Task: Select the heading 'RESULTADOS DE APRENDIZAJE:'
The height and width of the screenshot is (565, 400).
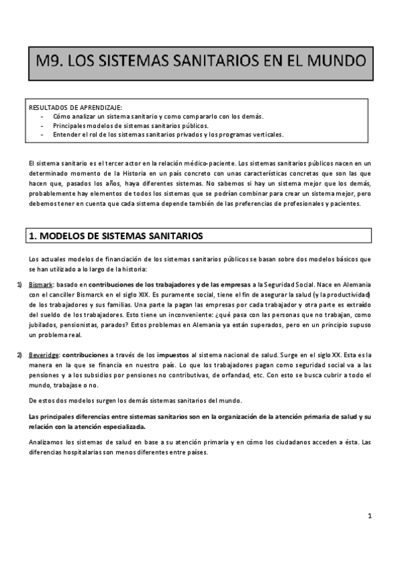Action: pyautogui.click(x=75, y=107)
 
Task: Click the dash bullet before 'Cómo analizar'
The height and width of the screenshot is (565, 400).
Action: pyautogui.click(x=42, y=116)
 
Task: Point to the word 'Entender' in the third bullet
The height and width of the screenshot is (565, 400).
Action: pyautogui.click(x=67, y=134)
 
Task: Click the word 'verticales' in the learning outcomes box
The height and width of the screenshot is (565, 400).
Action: pyautogui.click(x=267, y=134)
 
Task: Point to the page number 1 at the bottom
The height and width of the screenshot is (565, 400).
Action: pyautogui.click(x=369, y=516)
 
